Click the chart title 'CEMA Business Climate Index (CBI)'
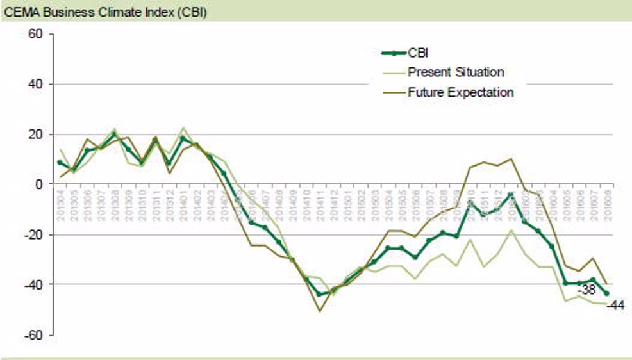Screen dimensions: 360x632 click(104, 12)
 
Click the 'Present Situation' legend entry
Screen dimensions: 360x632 click(456, 72)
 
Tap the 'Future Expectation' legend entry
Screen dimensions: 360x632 click(461, 92)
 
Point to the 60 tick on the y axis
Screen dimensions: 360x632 click(34, 34)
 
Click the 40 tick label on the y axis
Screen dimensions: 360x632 click(34, 84)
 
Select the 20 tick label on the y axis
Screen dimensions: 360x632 click(34, 134)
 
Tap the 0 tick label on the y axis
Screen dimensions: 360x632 click(38, 184)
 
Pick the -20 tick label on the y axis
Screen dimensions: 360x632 click(31, 234)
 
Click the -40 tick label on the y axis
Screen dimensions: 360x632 click(31, 284)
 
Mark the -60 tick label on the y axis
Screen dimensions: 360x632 click(31, 334)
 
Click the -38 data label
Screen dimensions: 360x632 click(586, 290)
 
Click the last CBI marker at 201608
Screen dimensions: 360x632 click(606, 293)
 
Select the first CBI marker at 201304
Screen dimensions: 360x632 click(60, 163)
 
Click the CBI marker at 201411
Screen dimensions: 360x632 click(320, 294)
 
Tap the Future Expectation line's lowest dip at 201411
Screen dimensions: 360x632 click(320, 311)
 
